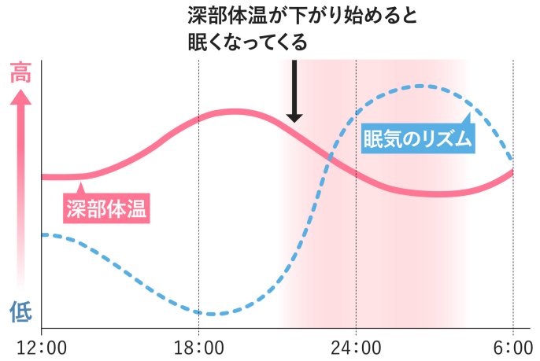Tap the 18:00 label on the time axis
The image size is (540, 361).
tap(198, 346)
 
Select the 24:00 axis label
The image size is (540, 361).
tap(356, 346)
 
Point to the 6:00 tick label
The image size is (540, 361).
tap(512, 346)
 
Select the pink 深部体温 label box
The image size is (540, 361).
tap(106, 209)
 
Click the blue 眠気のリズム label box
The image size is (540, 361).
tap(418, 140)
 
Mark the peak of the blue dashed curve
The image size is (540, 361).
tap(421, 86)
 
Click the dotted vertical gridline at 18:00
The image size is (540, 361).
tap(198, 236)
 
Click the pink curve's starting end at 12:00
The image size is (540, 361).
tap(44, 176)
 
